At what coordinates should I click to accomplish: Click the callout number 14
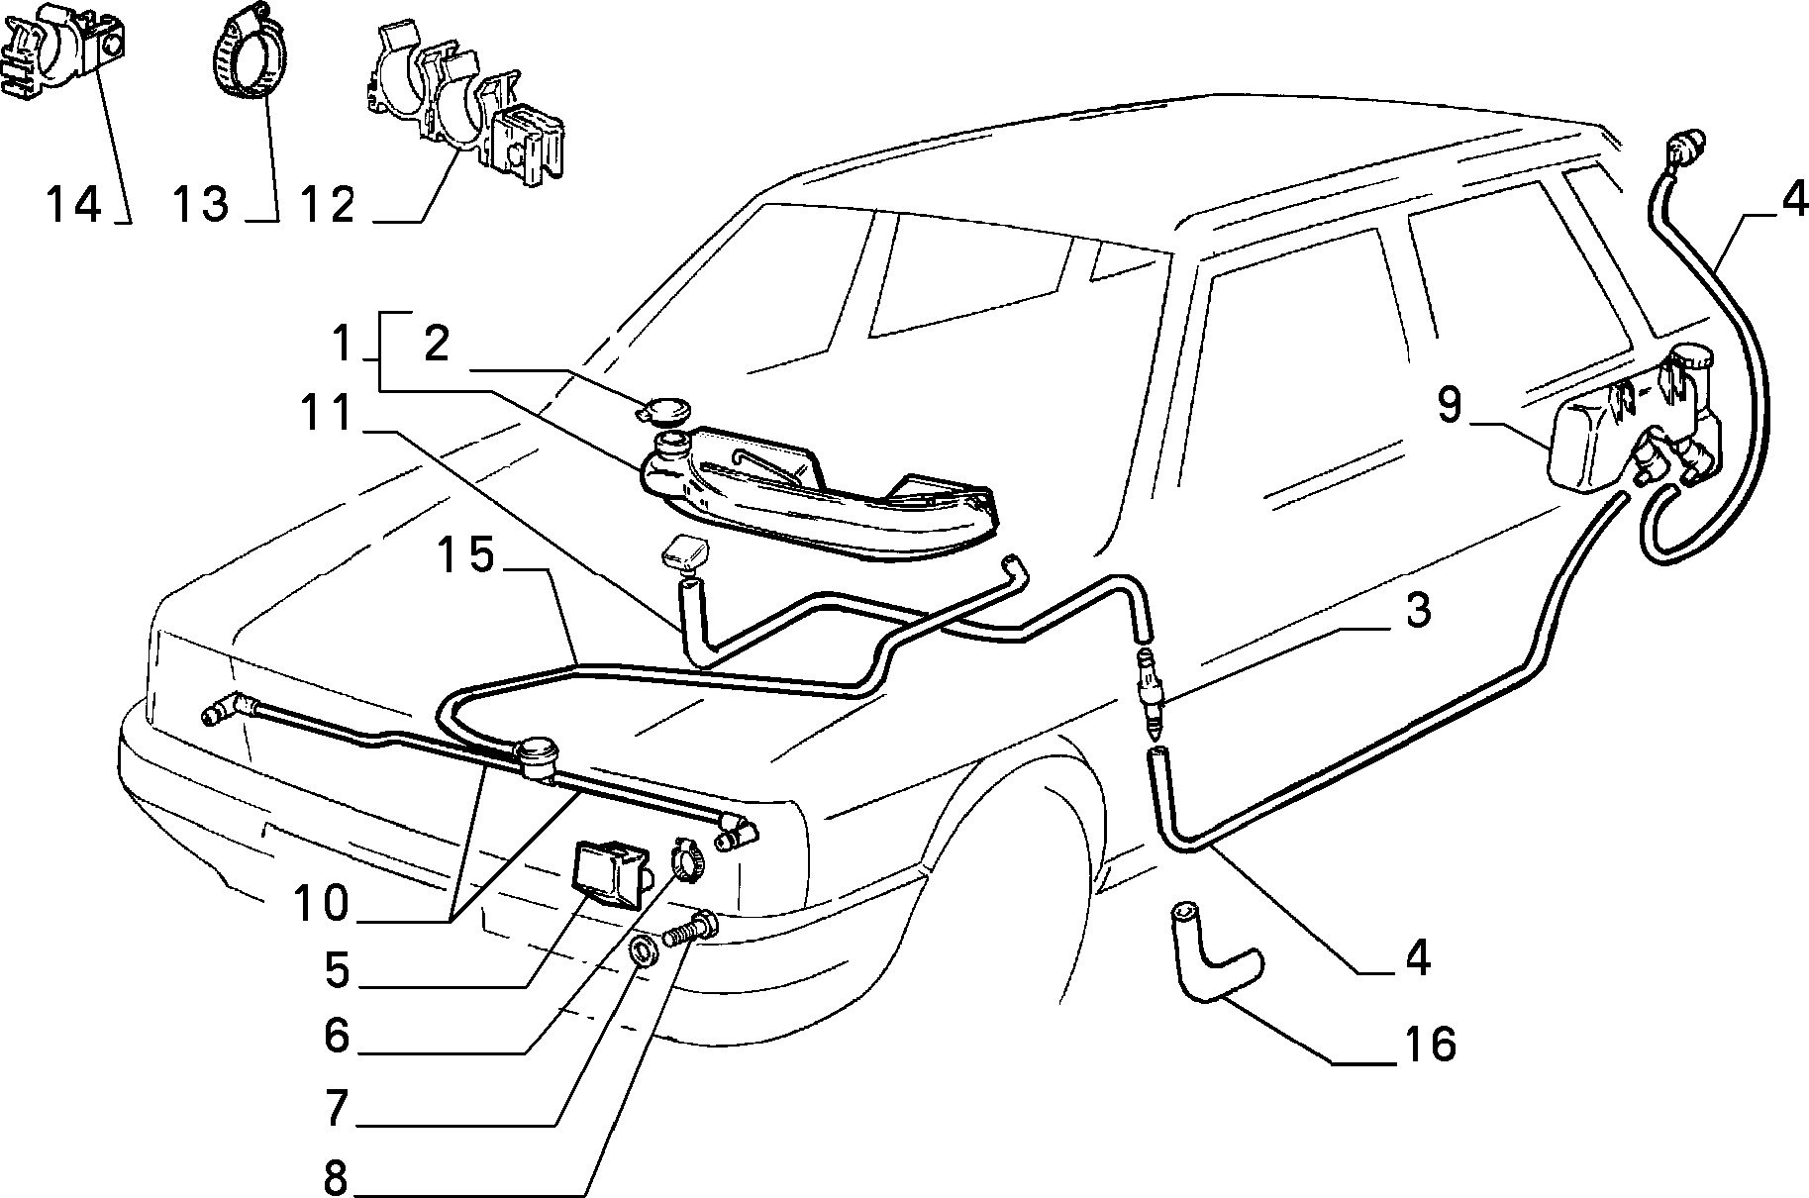pyautogui.click(x=73, y=205)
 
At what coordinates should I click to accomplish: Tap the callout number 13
pyautogui.click(x=202, y=205)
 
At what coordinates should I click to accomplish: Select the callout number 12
pyautogui.click(x=329, y=205)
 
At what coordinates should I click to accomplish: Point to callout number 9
pyautogui.click(x=1449, y=406)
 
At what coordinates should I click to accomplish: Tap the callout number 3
pyautogui.click(x=1418, y=611)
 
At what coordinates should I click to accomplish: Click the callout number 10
pyautogui.click(x=323, y=903)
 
